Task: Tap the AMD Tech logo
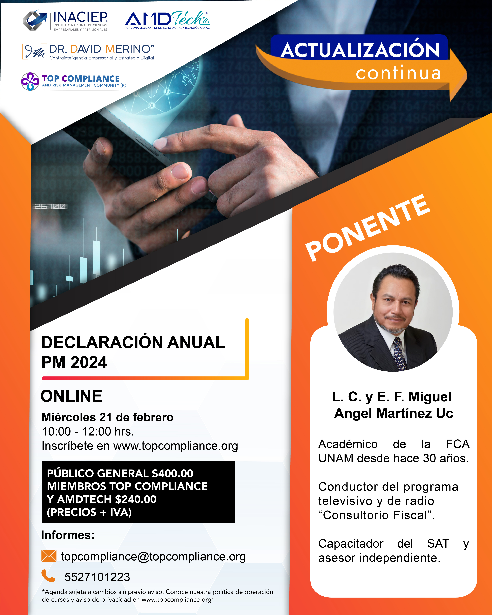coord(167,20)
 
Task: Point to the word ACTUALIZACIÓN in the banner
coord(360,50)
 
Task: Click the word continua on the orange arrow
coord(398,73)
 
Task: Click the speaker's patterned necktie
coord(399,354)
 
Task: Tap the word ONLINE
coord(71,396)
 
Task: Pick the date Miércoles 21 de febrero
coord(108,417)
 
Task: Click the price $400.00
coord(173,473)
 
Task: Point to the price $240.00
coord(136,499)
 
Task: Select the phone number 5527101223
coord(97,577)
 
